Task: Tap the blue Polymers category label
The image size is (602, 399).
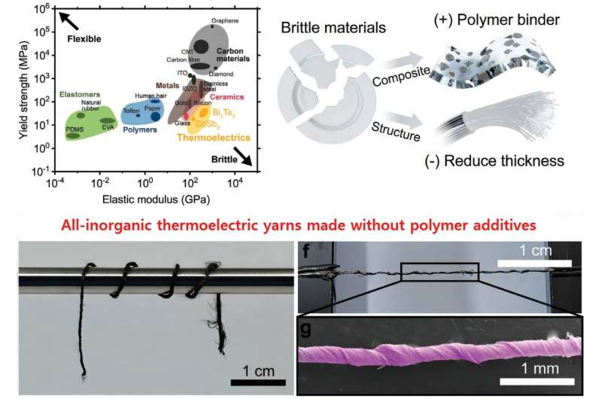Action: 138,129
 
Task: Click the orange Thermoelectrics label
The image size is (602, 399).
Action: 209,138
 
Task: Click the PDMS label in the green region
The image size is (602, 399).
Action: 74,129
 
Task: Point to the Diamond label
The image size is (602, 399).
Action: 222,74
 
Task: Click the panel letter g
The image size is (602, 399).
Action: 306,328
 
